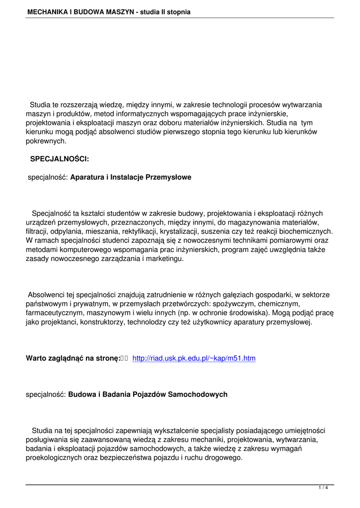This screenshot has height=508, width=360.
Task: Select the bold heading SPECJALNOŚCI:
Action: coord(60,159)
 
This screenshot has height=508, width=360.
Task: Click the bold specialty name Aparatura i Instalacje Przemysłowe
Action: coord(131,177)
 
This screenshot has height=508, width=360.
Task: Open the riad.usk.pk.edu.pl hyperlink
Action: coord(194,358)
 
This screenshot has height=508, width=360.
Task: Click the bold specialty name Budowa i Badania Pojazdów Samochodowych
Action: coord(147,394)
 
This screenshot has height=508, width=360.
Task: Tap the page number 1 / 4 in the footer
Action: coord(323,488)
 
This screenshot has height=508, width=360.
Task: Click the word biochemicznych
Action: coord(306,232)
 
